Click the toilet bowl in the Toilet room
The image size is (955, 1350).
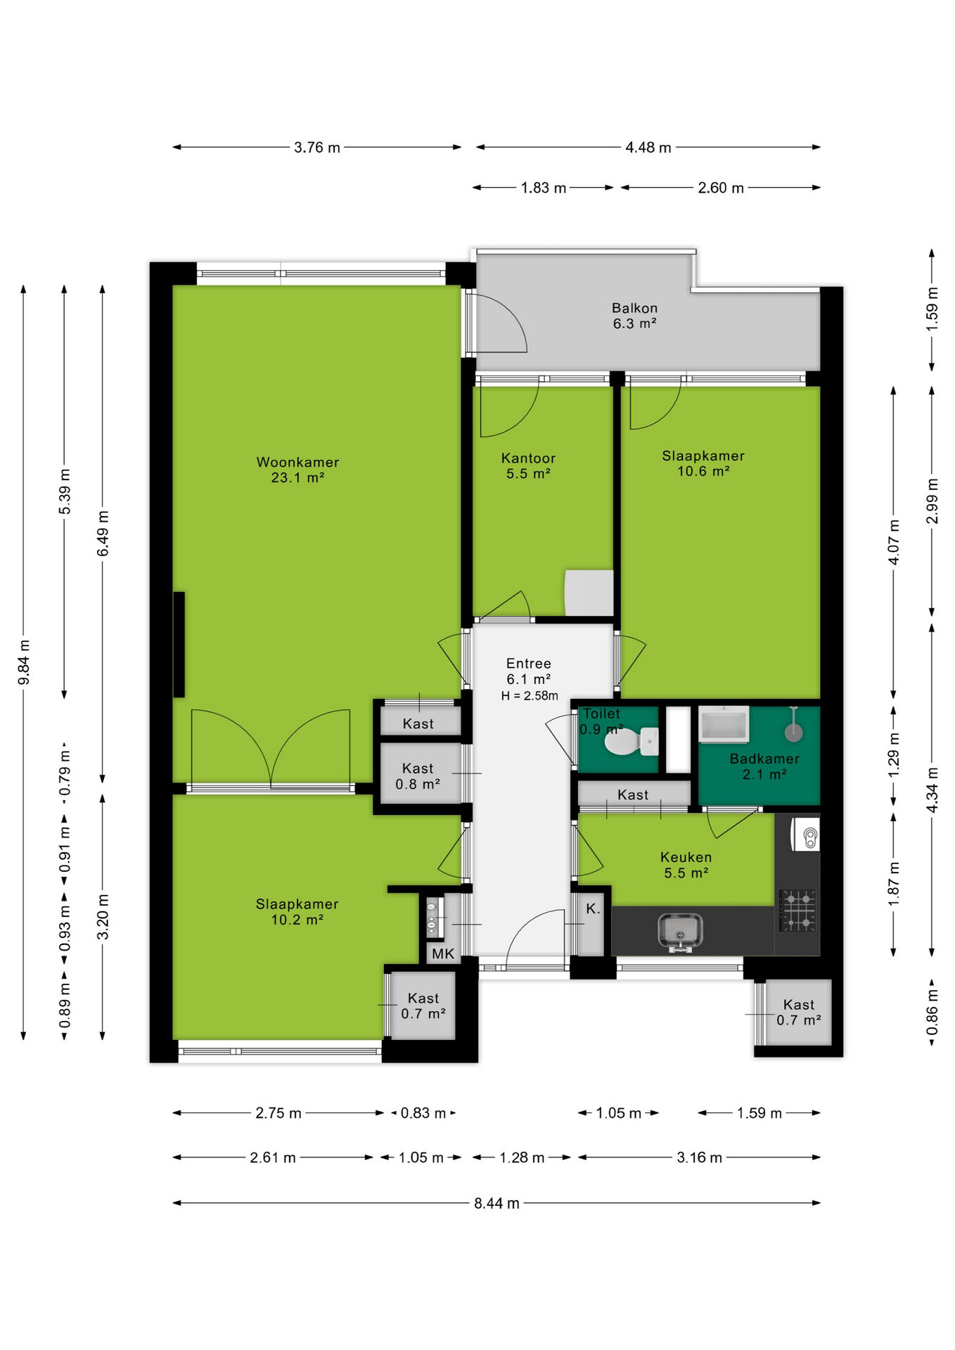631,740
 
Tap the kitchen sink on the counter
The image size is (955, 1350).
680,932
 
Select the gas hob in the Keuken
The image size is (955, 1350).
797,911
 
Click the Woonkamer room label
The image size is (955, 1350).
297,462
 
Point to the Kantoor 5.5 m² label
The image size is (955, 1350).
528,465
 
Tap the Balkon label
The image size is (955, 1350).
634,308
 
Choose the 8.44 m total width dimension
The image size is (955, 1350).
496,1203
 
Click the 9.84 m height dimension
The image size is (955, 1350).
24,662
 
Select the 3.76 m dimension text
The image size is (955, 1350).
317,148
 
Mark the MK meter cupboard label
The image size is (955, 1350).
443,953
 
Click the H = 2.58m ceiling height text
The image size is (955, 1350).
530,696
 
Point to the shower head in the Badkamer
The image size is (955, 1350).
793,731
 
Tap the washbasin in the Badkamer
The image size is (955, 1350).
724,724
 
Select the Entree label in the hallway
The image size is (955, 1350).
529,663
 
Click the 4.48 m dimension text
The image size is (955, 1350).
648,148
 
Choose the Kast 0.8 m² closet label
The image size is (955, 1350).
418,776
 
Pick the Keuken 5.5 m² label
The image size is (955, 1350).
686,865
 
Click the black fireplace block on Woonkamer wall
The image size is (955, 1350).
179,644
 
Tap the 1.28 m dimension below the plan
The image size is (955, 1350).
522,1157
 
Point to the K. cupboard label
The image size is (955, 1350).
593,908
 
